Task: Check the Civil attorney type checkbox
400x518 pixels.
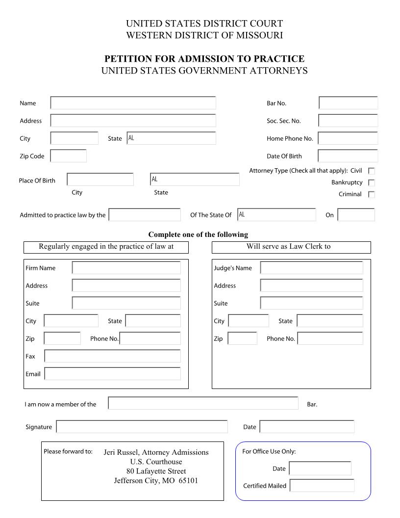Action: tap(372, 171)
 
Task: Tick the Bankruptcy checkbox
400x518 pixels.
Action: tap(372, 183)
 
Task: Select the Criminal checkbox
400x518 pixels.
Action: tap(372, 195)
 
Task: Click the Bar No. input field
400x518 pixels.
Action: tap(348, 103)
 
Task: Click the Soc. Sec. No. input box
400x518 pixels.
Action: tap(348, 121)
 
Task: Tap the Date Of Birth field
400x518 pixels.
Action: tap(348, 156)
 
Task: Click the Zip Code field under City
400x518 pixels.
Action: tap(69, 156)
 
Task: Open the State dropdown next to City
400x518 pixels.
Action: tap(171, 138)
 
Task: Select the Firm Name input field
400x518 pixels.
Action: tap(126, 268)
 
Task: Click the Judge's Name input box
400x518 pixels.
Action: tap(312, 268)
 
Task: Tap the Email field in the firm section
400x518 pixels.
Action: tap(112, 374)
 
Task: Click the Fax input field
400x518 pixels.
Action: tap(112, 356)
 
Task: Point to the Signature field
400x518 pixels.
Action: tap(142, 427)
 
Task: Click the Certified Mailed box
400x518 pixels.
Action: tap(322, 486)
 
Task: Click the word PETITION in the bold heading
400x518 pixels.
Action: tap(127, 59)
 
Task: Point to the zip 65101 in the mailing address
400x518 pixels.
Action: tap(188, 481)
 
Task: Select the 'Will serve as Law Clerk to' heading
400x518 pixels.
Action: tap(288, 247)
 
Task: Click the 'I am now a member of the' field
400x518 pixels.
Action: tap(203, 403)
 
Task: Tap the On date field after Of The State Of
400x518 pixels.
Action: tap(356, 215)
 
